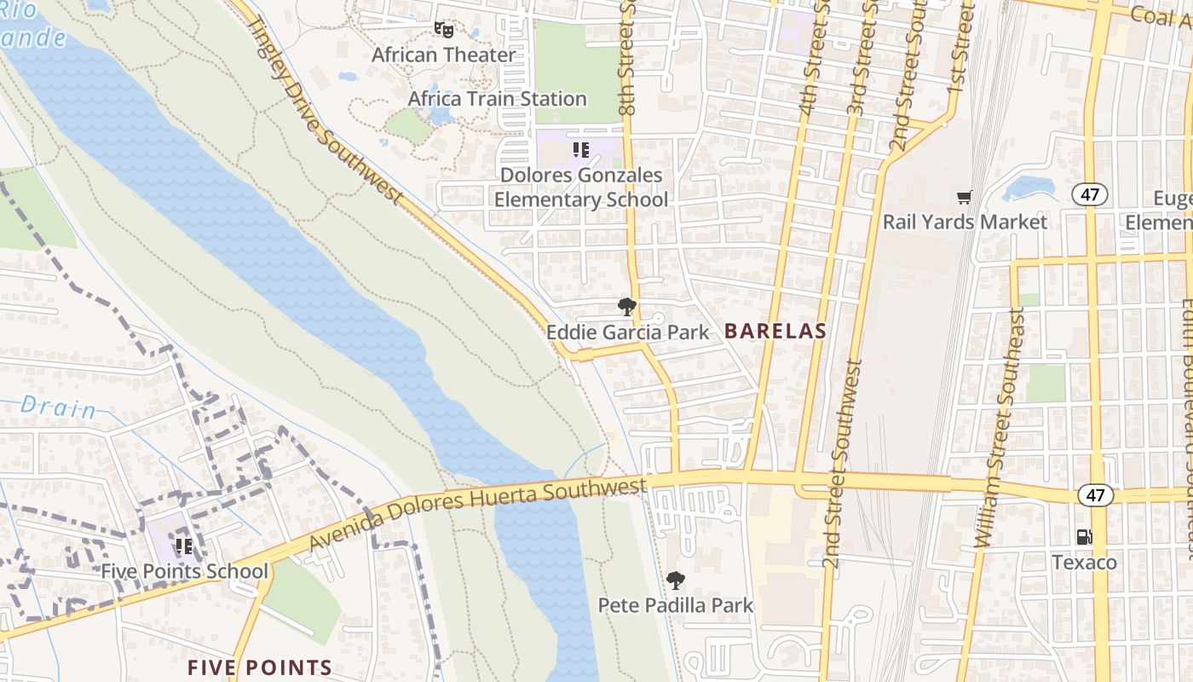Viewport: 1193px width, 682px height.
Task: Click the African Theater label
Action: pyautogui.click(x=443, y=55)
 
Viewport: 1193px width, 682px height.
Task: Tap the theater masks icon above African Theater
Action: pyautogui.click(x=442, y=30)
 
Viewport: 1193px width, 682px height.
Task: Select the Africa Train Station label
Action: pyautogui.click(x=497, y=99)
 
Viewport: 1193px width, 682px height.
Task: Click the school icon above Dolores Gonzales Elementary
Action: pyautogui.click(x=581, y=151)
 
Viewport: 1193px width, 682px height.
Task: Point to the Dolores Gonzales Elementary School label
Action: pyautogui.click(x=581, y=188)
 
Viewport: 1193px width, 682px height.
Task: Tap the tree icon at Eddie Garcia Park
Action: pyautogui.click(x=627, y=307)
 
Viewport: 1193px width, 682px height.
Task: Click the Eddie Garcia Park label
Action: pyautogui.click(x=627, y=332)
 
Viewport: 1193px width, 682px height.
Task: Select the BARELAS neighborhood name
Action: pyautogui.click(x=775, y=332)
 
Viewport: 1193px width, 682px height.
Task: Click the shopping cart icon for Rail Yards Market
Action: pyautogui.click(x=964, y=198)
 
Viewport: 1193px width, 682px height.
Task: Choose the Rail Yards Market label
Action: pyautogui.click(x=965, y=222)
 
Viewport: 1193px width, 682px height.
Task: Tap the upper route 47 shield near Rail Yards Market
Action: pyautogui.click(x=1090, y=194)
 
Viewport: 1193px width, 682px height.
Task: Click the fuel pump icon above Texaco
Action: pyautogui.click(x=1084, y=537)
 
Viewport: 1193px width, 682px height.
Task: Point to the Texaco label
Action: pyautogui.click(x=1084, y=563)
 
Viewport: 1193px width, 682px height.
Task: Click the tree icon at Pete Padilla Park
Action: pyautogui.click(x=676, y=581)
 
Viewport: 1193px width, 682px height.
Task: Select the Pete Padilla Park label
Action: pyautogui.click(x=676, y=605)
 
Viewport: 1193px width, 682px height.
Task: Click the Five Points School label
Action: pyautogui.click(x=184, y=571)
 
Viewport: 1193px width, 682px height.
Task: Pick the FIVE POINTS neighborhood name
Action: pyautogui.click(x=260, y=668)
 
